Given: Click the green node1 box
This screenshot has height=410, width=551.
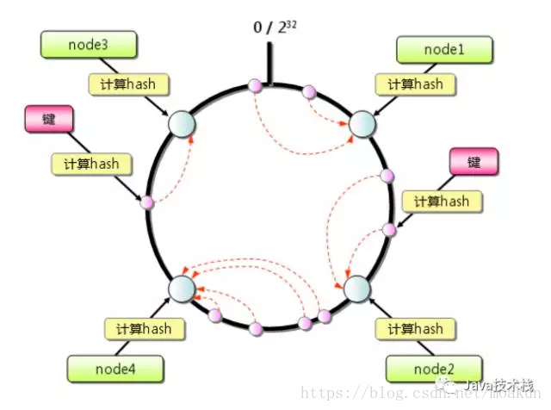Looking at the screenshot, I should pos(443,50).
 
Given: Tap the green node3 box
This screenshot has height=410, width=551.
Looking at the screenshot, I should pos(89,44).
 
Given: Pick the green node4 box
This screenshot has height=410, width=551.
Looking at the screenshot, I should pos(115,369).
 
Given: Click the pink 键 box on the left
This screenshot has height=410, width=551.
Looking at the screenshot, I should pos(46,119).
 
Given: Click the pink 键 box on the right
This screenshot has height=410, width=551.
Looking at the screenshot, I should pos(474,162).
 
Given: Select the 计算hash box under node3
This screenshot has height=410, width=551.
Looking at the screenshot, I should pos(128,84).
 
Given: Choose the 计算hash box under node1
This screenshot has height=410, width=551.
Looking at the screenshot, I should pos(415,84).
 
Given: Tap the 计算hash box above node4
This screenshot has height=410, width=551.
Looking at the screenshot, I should pos(144,328).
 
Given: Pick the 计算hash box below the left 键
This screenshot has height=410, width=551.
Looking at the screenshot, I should pos(91,162).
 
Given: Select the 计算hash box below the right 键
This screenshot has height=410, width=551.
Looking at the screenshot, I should pos(442,201).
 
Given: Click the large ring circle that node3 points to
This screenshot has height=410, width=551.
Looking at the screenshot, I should pos(182,124).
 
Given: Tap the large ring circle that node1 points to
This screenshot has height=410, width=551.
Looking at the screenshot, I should pos(361,124).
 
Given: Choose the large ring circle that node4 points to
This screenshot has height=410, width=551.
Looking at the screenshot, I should pos(182,287).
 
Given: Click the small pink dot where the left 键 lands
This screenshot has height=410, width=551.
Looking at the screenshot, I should pos(147,203).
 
